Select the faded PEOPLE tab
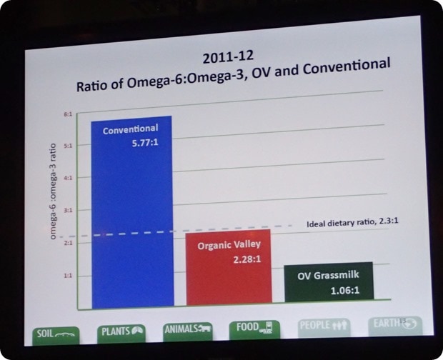(324, 326)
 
